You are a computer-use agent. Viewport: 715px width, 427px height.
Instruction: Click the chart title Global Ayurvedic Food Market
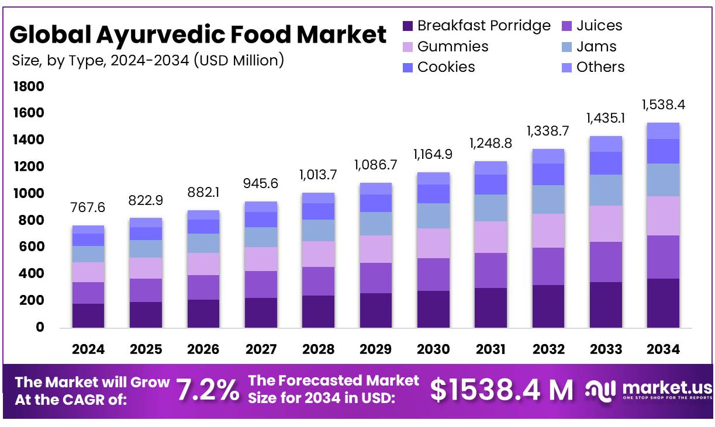click(198, 35)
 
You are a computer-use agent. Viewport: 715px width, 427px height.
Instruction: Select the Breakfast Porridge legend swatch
click(408, 26)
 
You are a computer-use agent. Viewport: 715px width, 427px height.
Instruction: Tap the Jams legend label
click(596, 46)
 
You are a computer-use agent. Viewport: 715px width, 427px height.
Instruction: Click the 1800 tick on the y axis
click(29, 87)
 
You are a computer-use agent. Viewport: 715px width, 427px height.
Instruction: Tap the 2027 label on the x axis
click(261, 349)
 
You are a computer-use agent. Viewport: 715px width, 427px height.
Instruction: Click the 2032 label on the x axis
click(548, 349)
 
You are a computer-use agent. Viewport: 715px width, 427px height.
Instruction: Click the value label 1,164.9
click(433, 155)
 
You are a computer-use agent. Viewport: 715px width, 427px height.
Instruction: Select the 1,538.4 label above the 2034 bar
click(664, 105)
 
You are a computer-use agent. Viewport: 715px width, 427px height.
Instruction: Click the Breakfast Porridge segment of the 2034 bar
click(663, 303)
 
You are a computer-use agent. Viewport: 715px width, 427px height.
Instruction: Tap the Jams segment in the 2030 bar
click(433, 216)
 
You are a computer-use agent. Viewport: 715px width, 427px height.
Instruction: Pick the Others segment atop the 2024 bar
click(88, 230)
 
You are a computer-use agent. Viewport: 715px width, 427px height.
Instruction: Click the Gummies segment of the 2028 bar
click(318, 254)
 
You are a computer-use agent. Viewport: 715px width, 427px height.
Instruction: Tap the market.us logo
click(649, 390)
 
